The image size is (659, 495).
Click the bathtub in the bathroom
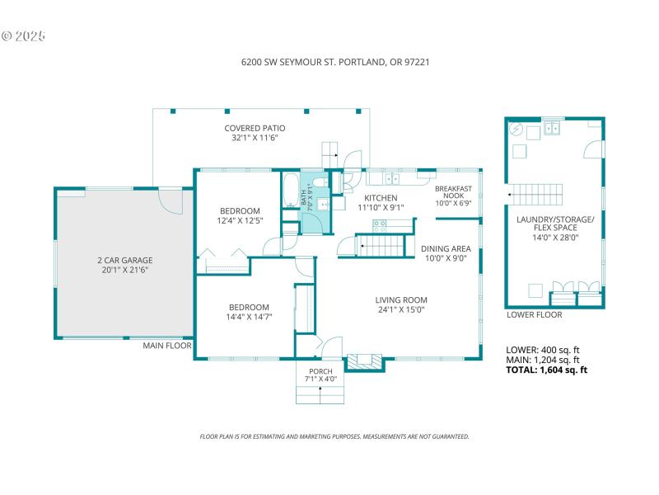[292, 191]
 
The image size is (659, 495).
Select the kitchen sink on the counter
[392, 177]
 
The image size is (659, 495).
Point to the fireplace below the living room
[363, 361]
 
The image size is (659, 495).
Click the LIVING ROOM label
[401, 299]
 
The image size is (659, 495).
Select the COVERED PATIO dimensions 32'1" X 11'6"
[255, 139]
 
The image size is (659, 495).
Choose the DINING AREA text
[445, 248]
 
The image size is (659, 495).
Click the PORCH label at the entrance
[320, 371]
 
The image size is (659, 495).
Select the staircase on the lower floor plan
[535, 195]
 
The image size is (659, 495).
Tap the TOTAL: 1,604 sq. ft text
[546, 370]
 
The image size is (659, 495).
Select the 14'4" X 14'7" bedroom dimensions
[249, 316]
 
